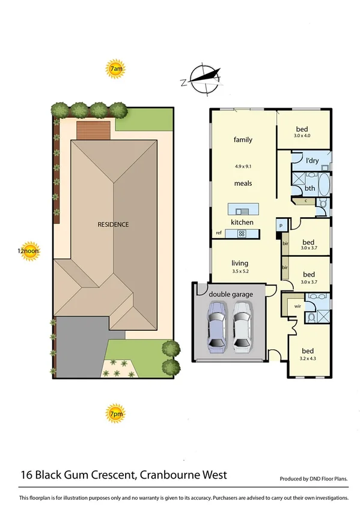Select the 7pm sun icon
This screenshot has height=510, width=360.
116,414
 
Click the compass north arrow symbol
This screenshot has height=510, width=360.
203,78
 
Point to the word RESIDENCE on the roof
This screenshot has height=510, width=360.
113,224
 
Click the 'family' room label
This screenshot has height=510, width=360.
243,140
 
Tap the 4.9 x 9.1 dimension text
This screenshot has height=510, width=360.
243,166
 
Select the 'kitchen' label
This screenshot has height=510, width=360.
243,223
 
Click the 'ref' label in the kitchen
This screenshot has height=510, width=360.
219,233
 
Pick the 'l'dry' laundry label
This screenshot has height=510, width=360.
312,161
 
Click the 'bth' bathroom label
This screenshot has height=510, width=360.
310,188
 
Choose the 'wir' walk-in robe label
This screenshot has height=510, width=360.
297,306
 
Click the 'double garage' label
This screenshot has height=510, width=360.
231,293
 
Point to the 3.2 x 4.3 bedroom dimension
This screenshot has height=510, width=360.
308,359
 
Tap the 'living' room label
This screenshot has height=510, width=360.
240,263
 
